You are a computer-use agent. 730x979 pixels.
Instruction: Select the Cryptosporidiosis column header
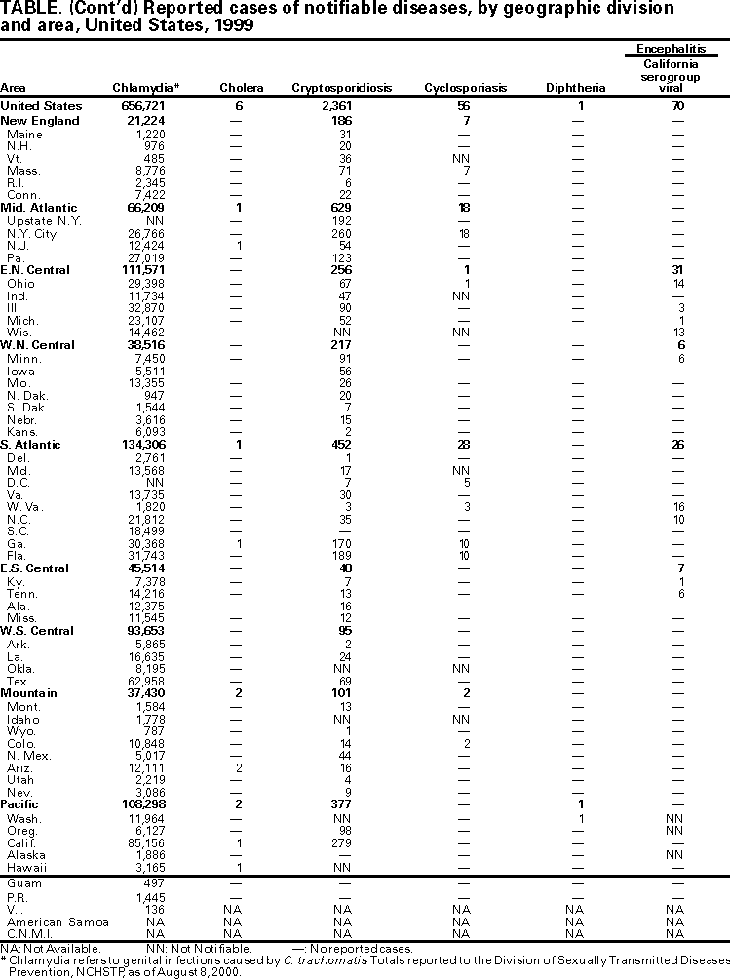click(x=341, y=88)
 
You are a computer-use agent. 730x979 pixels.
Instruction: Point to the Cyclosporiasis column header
click(x=466, y=88)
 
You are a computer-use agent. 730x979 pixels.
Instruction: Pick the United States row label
click(x=42, y=105)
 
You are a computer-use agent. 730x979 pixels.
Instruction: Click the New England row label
click(x=40, y=121)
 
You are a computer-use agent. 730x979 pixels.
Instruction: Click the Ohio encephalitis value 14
click(x=678, y=283)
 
